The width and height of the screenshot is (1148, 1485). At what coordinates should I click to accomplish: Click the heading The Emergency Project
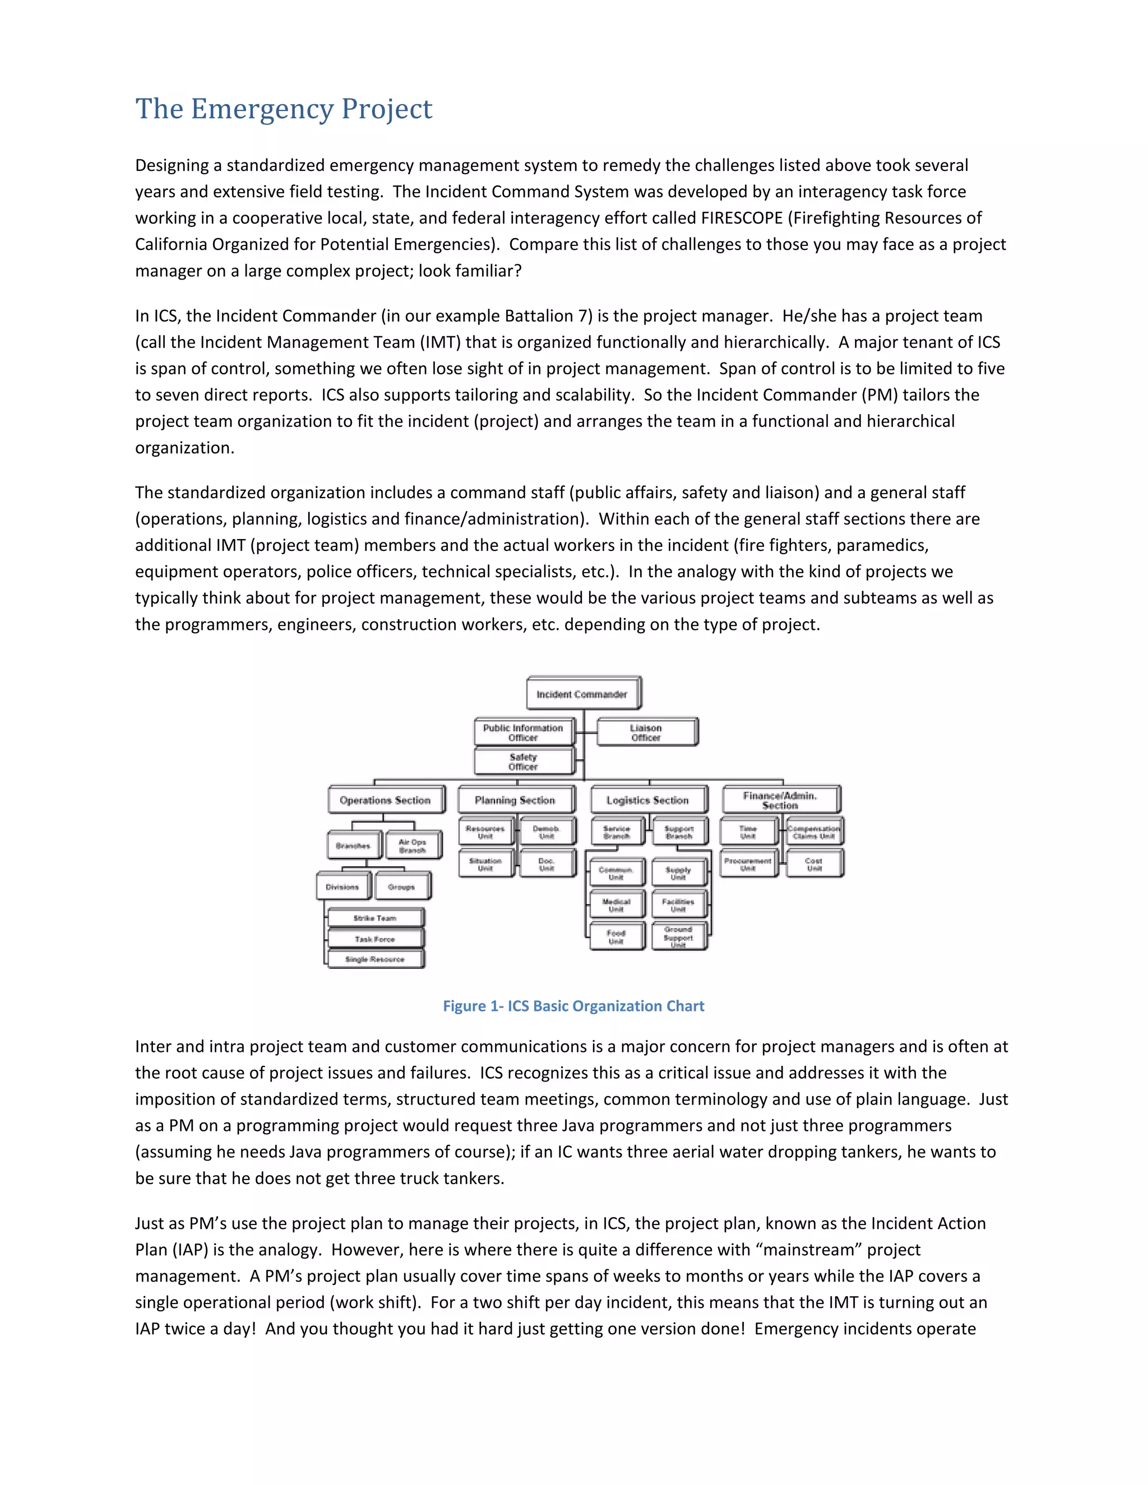point(284,109)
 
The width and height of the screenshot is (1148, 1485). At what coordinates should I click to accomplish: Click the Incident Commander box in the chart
point(582,694)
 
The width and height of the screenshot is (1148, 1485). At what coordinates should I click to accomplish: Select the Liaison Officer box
point(646,732)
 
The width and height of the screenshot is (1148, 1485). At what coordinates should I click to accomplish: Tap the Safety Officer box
point(523,762)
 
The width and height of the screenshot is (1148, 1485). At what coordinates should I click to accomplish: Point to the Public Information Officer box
point(523,732)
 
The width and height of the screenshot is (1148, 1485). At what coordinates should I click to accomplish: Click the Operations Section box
point(385,800)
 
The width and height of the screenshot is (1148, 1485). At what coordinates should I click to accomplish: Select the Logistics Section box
point(647,800)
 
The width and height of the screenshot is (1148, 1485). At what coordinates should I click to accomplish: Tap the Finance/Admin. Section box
point(780,800)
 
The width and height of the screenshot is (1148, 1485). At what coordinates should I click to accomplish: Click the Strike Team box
point(375,918)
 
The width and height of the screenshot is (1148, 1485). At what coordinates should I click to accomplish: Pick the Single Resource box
point(375,959)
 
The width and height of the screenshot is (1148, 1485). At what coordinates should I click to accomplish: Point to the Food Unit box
point(616,937)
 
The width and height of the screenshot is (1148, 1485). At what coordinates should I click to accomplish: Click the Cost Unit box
point(814,864)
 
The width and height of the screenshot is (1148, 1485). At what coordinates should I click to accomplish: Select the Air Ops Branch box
point(412,846)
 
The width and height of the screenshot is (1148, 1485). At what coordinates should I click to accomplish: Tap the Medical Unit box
point(616,905)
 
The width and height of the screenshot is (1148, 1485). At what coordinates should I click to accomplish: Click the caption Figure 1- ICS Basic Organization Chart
point(573,1006)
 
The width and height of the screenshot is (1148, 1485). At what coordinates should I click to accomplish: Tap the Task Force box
point(375,939)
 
